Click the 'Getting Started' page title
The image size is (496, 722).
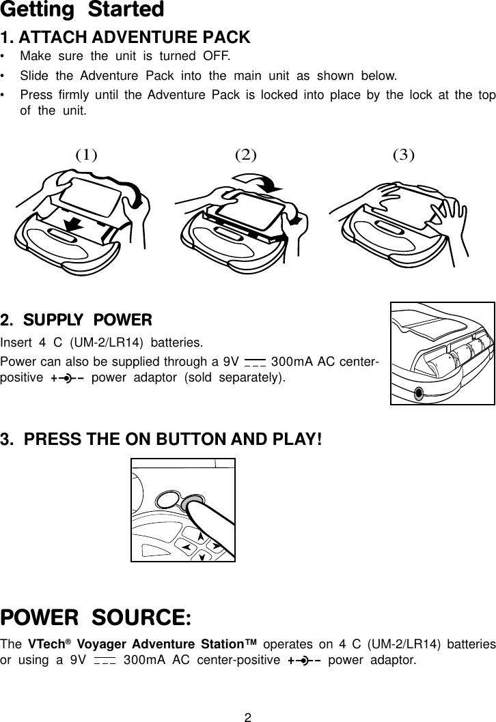pos(83,10)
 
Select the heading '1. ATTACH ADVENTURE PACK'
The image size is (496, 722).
pos(126,37)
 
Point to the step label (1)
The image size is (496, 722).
pos(85,154)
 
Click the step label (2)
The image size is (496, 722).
pos(245,154)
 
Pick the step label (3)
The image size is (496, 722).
pos(404,154)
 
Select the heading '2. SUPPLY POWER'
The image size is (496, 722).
pos(77,320)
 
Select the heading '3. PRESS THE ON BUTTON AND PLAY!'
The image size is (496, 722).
pos(161,438)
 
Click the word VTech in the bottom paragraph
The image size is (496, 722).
pos(45,645)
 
